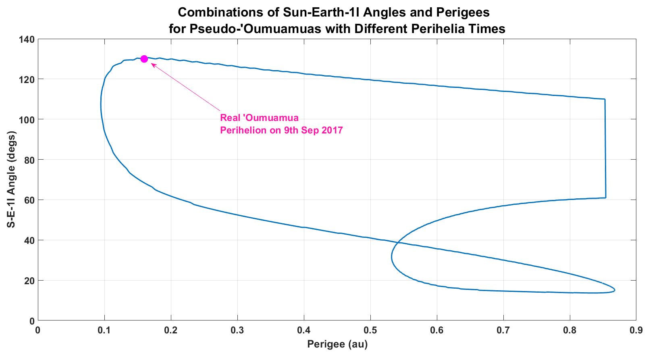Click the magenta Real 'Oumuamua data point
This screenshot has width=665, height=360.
(x=144, y=59)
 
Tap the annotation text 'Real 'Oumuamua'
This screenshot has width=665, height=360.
(x=259, y=118)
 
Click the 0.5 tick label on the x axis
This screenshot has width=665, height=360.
(x=370, y=331)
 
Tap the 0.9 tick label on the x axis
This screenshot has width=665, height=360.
(x=636, y=331)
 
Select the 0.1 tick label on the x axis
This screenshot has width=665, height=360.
(x=104, y=331)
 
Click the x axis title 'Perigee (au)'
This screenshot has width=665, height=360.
(x=337, y=344)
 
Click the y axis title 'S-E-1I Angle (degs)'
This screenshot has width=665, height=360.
(x=12, y=179)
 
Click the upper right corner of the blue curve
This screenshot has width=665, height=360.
(x=605, y=99)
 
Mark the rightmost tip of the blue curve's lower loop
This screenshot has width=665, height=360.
(x=615, y=289)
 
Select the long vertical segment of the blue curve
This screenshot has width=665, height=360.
(x=605, y=149)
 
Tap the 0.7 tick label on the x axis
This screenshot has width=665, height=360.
(x=503, y=331)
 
